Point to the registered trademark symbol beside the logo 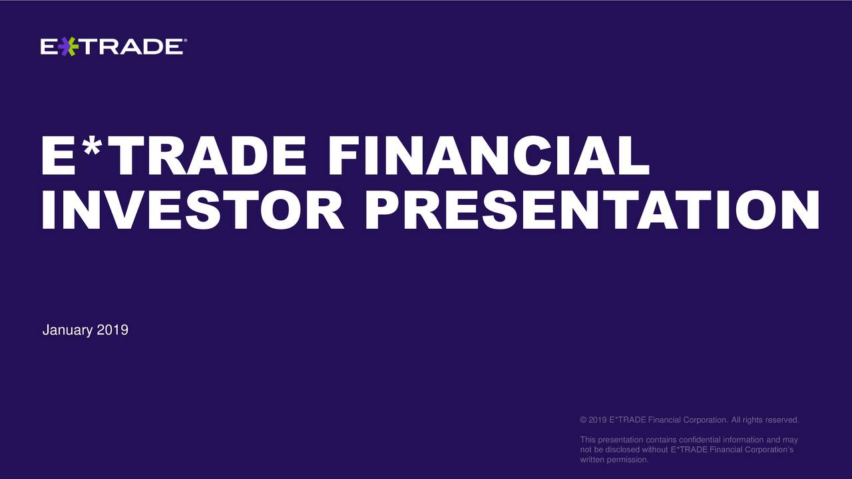(x=184, y=41)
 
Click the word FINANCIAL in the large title (x=488, y=156)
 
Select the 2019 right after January (x=112, y=330)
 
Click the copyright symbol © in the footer (x=583, y=420)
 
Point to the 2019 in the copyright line (x=597, y=420)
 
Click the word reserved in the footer (x=782, y=420)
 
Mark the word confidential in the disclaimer (x=700, y=440)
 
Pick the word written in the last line (x=592, y=460)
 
